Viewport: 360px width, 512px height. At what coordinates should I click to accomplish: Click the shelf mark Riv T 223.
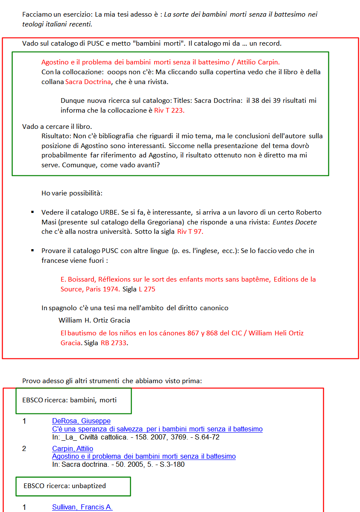coord(170,110)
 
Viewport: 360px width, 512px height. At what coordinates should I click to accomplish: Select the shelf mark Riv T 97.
coord(190,232)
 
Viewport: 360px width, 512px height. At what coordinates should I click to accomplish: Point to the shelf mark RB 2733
coord(114,343)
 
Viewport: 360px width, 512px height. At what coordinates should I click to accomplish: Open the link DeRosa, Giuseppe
coord(81,421)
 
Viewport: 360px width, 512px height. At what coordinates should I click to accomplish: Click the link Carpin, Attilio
coord(73,448)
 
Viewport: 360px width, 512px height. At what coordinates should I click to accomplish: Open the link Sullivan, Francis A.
coord(82,507)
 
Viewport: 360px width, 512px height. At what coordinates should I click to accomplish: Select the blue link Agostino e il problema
coord(143,456)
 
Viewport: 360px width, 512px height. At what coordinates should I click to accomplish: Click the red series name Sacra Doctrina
coord(88,81)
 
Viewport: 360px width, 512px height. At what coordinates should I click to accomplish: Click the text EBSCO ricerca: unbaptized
coord(64,486)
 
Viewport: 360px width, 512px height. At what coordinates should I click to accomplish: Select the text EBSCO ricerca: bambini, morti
coord(69,400)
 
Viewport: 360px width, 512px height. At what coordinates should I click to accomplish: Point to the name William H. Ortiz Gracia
coord(94,320)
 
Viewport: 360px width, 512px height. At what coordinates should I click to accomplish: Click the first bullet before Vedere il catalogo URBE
coord(32,212)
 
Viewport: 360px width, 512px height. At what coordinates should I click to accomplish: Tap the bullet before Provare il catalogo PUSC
coord(32,250)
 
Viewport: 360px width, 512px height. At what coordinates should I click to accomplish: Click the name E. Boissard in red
coord(78,279)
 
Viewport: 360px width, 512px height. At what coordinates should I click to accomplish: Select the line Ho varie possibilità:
coord(72,193)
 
